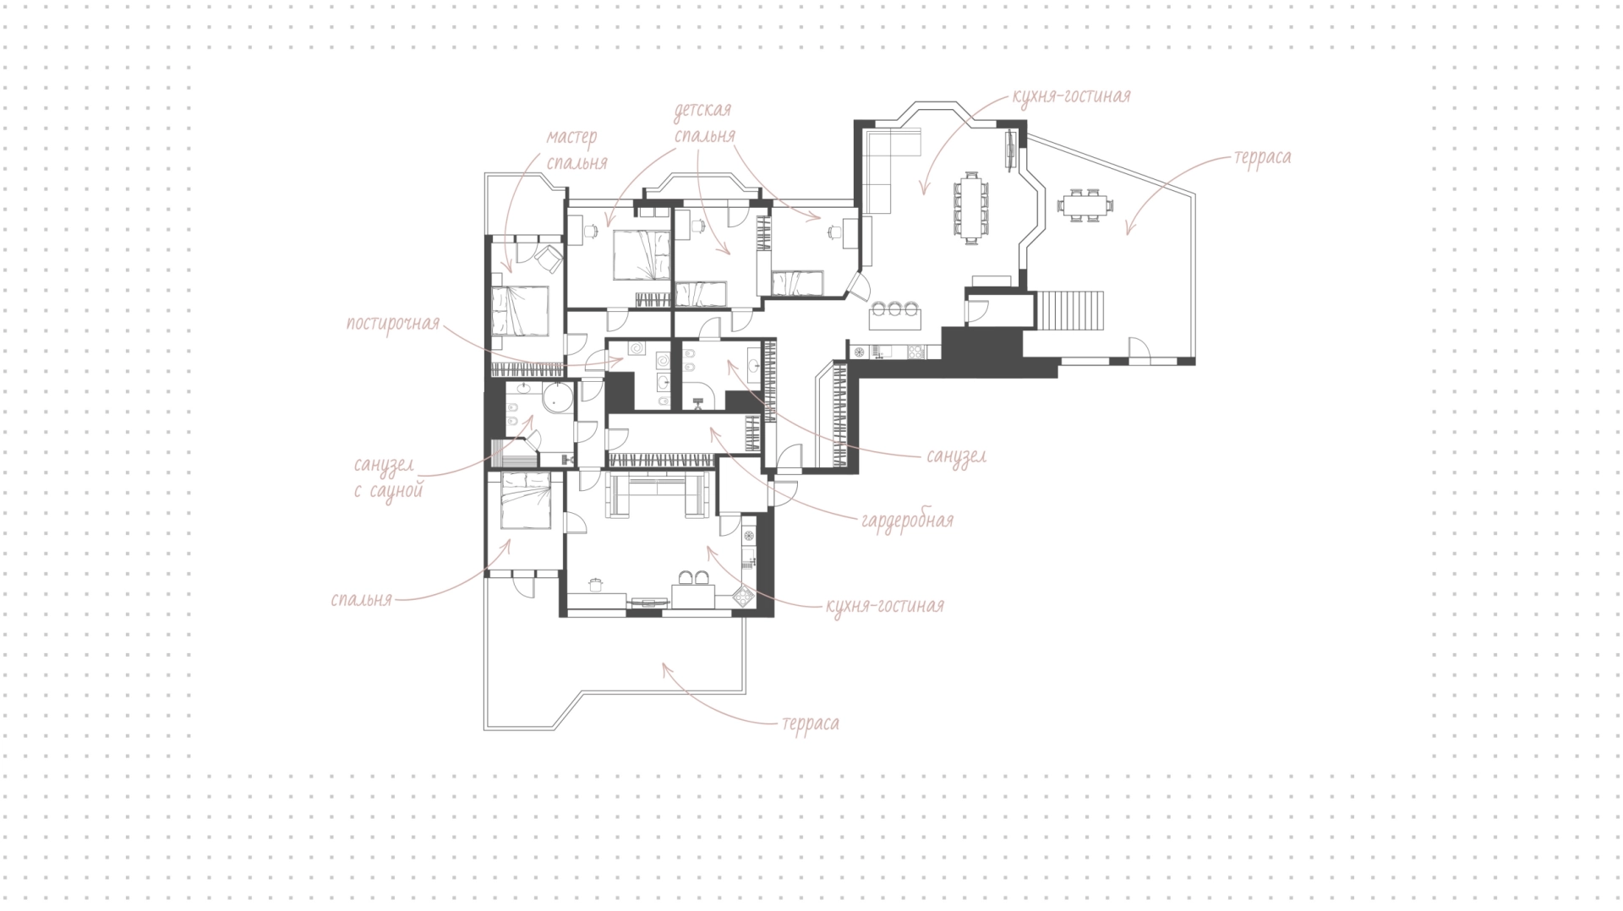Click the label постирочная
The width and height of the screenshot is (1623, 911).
(393, 325)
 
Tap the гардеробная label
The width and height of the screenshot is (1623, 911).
(907, 520)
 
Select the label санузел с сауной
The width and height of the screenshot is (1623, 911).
(389, 477)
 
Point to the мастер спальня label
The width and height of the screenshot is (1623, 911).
(576, 149)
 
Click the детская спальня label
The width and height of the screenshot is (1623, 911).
(703, 123)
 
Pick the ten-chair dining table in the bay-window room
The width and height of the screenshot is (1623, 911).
(970, 207)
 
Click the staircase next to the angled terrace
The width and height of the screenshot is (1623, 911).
(1070, 310)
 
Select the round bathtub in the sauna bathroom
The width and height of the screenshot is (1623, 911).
(558, 396)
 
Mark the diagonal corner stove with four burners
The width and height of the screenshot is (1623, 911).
(743, 597)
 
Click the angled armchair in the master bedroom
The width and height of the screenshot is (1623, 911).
(550, 257)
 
